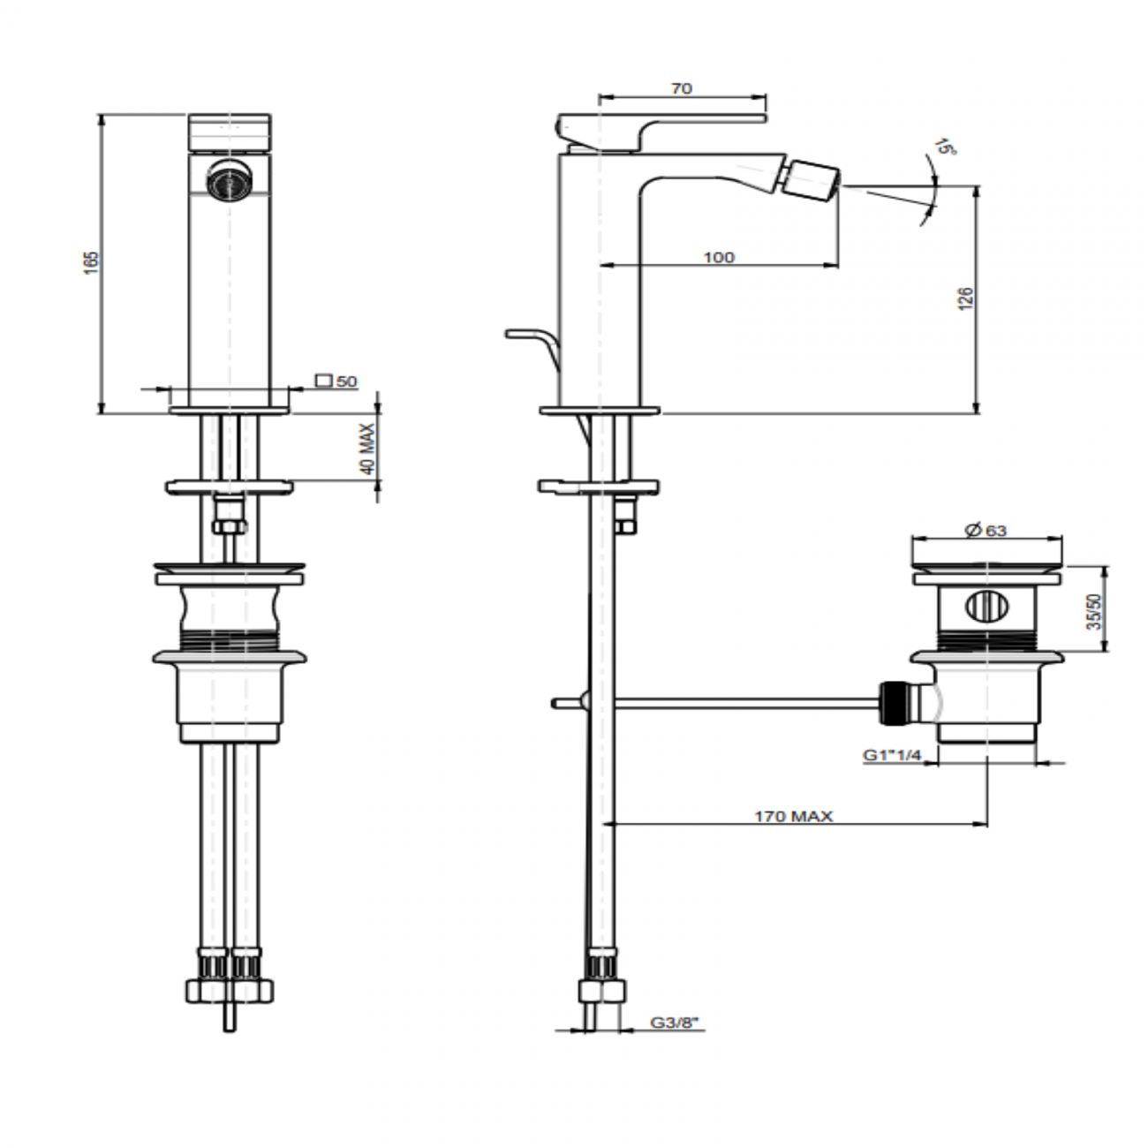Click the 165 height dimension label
coord(92,263)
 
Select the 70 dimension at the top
coord(682,87)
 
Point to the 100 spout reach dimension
coord(719,257)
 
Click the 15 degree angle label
coord(947,146)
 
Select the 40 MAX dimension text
coord(368,450)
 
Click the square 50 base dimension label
coord(336,381)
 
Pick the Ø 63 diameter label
coord(986,530)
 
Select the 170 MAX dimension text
coord(793,817)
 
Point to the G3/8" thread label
coord(674,1023)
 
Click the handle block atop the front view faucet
coord(230,132)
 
